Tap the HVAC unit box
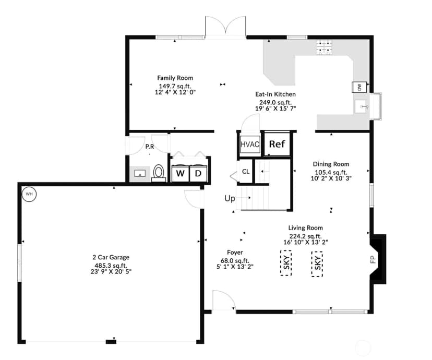[250, 144]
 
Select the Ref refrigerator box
[277, 144]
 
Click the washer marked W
[181, 173]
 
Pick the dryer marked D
[198, 173]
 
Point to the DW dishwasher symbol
[359, 87]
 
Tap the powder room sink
[140, 174]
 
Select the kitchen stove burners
[324, 47]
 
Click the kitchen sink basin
[361, 107]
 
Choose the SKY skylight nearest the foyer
[286, 263]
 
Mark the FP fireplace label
[374, 259]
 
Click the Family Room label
[175, 78]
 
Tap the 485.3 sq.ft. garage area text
[111, 266]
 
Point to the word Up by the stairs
[230, 199]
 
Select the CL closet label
[246, 172]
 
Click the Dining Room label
[331, 164]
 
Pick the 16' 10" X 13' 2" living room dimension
[305, 242]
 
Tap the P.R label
[150, 147]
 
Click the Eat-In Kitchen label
[275, 94]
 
